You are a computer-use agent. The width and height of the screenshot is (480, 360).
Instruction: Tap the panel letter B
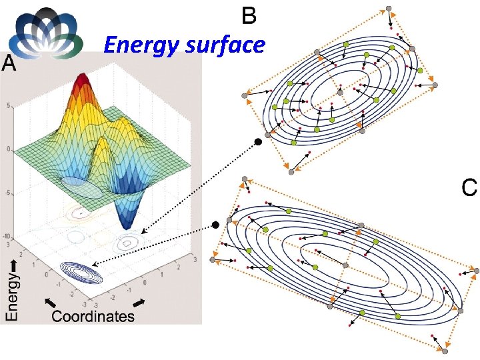click(248, 15)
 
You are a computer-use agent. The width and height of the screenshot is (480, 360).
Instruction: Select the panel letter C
click(469, 187)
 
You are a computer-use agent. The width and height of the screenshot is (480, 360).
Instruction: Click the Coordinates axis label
click(93, 316)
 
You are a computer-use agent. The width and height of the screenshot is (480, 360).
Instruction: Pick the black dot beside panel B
click(257, 141)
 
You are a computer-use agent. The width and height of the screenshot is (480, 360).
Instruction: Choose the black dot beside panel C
click(215, 225)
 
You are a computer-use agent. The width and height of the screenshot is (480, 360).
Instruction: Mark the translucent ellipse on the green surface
click(82, 188)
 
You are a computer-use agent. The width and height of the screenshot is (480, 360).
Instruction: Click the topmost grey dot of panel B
click(389, 9)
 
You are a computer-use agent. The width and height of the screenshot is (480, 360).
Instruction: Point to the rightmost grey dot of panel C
click(476, 270)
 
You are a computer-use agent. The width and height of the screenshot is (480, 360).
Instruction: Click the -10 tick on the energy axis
click(7, 237)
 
